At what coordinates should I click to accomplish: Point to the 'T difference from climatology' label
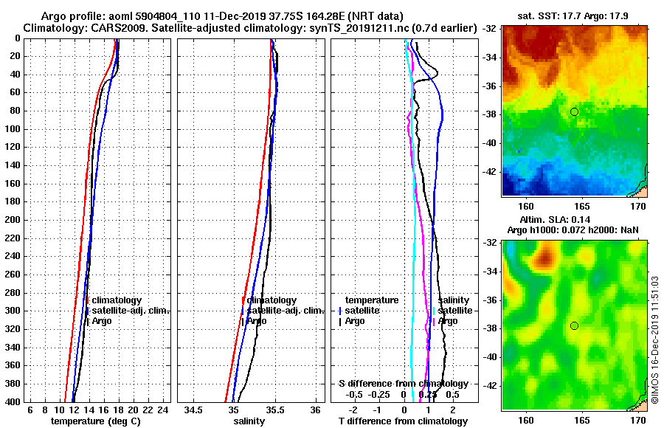pyautogui.click(x=403, y=421)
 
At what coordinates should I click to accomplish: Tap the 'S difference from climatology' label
pyautogui.click(x=403, y=384)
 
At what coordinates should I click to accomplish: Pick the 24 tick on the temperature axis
pyautogui.click(x=163, y=410)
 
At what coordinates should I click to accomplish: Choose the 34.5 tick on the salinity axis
pyautogui.click(x=193, y=410)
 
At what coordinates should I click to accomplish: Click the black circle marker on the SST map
pyautogui.click(x=574, y=111)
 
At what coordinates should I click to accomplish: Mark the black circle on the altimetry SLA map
pyautogui.click(x=574, y=325)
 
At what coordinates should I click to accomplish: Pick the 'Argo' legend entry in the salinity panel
pyautogui.click(x=257, y=321)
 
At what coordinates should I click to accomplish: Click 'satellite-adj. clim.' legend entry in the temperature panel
pyautogui.click(x=131, y=311)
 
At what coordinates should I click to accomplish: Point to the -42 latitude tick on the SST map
pyautogui.click(x=492, y=171)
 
